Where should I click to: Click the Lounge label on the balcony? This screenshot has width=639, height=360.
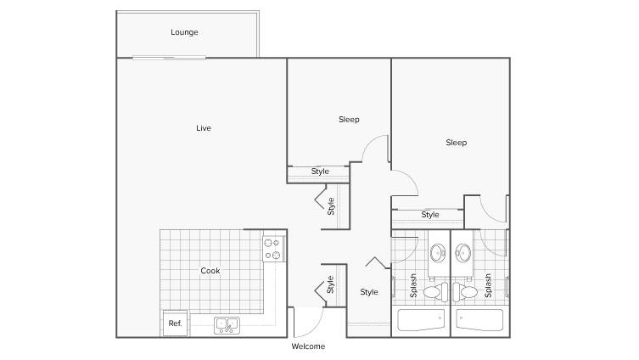(184, 32)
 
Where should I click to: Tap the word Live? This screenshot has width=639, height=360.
(204, 128)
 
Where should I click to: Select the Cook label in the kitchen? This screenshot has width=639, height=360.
(210, 271)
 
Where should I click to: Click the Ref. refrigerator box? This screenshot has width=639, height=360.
(175, 323)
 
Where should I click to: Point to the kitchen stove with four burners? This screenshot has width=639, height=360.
(273, 249)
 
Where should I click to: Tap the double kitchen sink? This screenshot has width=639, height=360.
(227, 325)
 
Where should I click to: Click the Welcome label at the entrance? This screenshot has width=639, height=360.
(308, 346)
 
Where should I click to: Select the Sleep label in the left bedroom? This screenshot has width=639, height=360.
(349, 120)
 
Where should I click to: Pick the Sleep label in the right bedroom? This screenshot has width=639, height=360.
(456, 143)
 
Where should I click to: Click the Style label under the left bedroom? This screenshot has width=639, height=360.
(320, 172)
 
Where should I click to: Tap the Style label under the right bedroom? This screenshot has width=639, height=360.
(430, 215)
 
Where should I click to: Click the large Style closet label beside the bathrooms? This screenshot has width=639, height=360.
(369, 292)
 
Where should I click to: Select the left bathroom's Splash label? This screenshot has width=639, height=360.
(413, 285)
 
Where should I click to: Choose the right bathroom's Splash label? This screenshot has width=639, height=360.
(488, 285)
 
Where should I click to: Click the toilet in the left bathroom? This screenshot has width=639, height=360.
(435, 292)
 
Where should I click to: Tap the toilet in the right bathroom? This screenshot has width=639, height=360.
(465, 292)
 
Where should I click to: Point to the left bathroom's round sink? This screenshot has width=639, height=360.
(438, 253)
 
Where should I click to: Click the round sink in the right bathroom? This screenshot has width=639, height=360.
(463, 253)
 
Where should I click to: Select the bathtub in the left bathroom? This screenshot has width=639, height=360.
(421, 320)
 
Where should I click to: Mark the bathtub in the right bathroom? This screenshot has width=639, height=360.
(479, 320)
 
